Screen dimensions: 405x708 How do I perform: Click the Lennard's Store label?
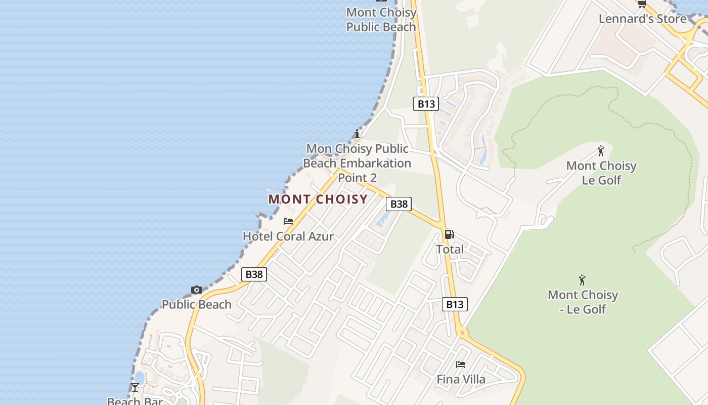pos(642,19)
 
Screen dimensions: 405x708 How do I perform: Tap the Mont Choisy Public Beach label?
pos(381,20)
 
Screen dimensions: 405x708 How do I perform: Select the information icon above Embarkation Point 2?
pos(357,134)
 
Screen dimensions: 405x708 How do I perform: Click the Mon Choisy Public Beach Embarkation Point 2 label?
pos(357,163)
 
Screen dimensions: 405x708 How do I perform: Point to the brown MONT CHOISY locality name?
pos(318,199)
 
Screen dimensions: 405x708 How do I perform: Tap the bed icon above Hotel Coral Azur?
pos(288,221)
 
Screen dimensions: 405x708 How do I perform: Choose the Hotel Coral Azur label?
pos(288,236)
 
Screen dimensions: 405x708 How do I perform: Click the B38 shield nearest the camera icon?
pos(254,274)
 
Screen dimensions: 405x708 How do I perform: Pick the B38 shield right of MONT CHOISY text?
pos(399,204)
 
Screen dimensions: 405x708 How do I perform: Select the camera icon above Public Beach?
pos(197,290)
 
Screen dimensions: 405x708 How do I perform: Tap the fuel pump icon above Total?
pos(449,234)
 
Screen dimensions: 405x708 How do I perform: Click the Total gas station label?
pos(450,249)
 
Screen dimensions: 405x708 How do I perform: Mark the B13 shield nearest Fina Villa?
pos(455,304)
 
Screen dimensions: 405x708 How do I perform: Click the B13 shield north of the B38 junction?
pos(425,104)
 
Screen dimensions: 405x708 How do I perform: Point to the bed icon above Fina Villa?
pos(461,364)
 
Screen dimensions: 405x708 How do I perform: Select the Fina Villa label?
pos(461,379)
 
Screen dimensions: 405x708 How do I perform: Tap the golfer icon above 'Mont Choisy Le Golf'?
pos(601,151)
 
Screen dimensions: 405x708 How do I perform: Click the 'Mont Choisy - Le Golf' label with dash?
pos(583,302)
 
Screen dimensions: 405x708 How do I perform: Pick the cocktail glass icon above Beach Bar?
pos(135,387)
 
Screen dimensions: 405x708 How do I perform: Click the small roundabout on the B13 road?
pos(462,333)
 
